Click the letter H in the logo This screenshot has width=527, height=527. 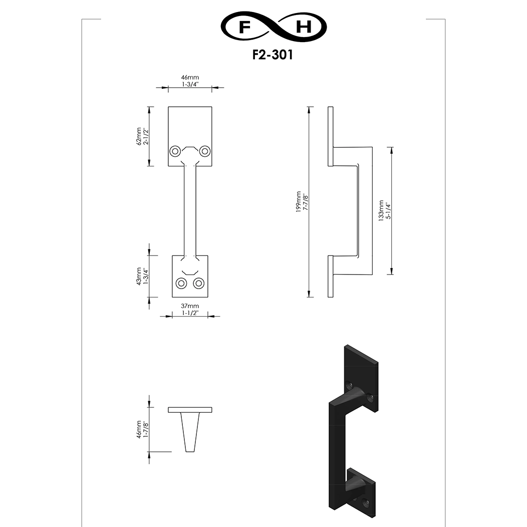(304, 28)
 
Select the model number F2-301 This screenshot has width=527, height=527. (273, 55)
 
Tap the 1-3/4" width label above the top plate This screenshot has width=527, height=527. (189, 85)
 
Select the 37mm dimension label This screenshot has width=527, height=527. (189, 306)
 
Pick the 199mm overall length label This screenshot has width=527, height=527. (298, 201)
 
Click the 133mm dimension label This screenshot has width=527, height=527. (381, 211)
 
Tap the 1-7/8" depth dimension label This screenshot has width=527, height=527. (146, 429)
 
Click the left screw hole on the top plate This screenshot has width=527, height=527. (175, 151)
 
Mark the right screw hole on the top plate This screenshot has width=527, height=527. (204, 151)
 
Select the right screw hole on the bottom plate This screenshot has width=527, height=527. (199, 284)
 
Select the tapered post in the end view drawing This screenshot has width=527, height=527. (190, 432)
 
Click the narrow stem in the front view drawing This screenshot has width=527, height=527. (189, 210)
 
